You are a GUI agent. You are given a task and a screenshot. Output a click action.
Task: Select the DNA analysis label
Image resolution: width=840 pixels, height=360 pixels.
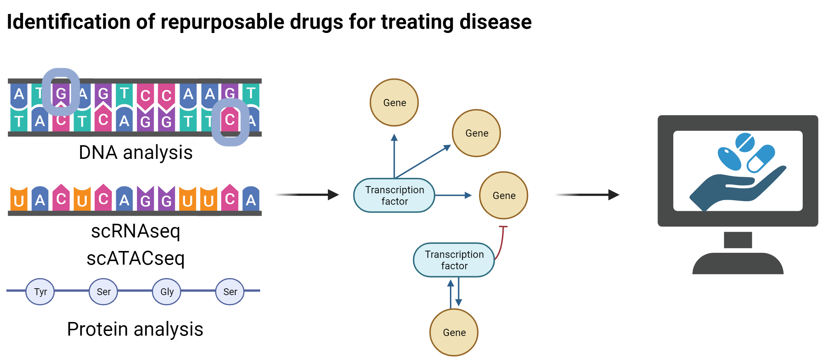[x=136, y=152]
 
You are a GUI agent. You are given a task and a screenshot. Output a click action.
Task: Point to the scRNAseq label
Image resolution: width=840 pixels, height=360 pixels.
[x=136, y=231]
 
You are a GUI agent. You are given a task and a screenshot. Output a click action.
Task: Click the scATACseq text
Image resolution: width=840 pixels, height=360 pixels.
[x=136, y=258]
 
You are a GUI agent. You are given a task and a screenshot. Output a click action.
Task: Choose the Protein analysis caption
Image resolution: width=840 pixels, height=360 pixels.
[x=135, y=329]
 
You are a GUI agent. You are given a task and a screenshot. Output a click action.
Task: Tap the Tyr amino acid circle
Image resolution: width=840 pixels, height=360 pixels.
[x=40, y=292]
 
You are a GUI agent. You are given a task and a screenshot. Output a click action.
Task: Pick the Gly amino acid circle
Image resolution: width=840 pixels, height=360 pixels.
[x=167, y=292]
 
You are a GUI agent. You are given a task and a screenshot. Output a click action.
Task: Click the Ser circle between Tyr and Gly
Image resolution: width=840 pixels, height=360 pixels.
[x=104, y=292]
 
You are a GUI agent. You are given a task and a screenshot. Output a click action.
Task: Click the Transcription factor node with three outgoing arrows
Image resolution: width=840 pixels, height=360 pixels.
[x=394, y=195]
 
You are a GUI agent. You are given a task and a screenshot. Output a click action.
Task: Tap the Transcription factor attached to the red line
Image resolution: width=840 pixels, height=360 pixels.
[x=454, y=260]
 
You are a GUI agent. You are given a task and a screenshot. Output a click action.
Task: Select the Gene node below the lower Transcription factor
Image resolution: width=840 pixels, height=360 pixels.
[x=454, y=332]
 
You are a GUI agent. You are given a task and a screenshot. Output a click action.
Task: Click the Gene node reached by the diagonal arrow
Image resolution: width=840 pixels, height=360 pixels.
[x=476, y=133]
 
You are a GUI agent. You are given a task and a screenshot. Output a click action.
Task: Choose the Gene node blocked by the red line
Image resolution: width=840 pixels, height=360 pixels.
[x=504, y=195]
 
